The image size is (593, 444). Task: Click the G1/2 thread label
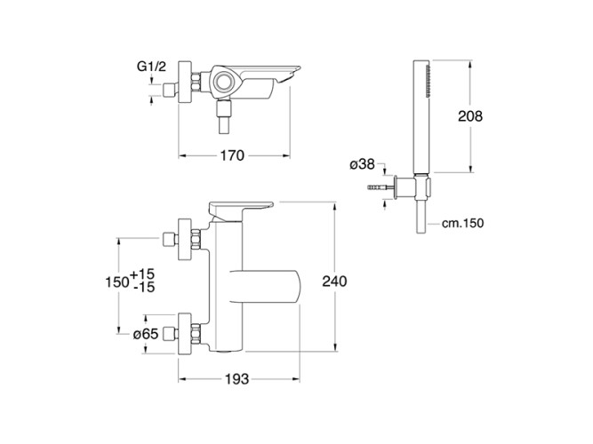pyautogui.click(x=151, y=67)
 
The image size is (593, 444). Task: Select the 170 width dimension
pyautogui.click(x=232, y=155)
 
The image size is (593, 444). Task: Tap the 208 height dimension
pyautogui.click(x=470, y=116)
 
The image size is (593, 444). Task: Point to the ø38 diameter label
pyautogui.click(x=362, y=164)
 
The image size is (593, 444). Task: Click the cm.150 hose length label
pyautogui.click(x=462, y=223)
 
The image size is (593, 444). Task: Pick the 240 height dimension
pyautogui.click(x=334, y=281)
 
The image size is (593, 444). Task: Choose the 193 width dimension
pyautogui.click(x=237, y=378)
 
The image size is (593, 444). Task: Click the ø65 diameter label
pyautogui.click(x=146, y=334)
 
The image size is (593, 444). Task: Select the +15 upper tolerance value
pyautogui.click(x=142, y=274)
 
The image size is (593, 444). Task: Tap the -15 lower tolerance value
pyautogui.click(x=144, y=288)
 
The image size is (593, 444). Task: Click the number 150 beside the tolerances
pyautogui.click(x=117, y=281)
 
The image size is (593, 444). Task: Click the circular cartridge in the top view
pyautogui.click(x=223, y=82)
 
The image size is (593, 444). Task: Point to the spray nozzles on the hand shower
pyautogui.click(x=429, y=81)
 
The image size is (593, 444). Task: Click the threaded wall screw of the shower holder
pyautogui.click(x=381, y=187)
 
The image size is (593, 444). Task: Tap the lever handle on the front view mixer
pyautogui.click(x=241, y=210)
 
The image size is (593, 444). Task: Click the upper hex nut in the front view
pyautogui.click(x=196, y=239)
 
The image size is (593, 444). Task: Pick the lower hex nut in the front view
pyautogui.click(x=196, y=334)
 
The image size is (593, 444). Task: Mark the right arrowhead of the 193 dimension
pyautogui.click(x=296, y=378)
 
